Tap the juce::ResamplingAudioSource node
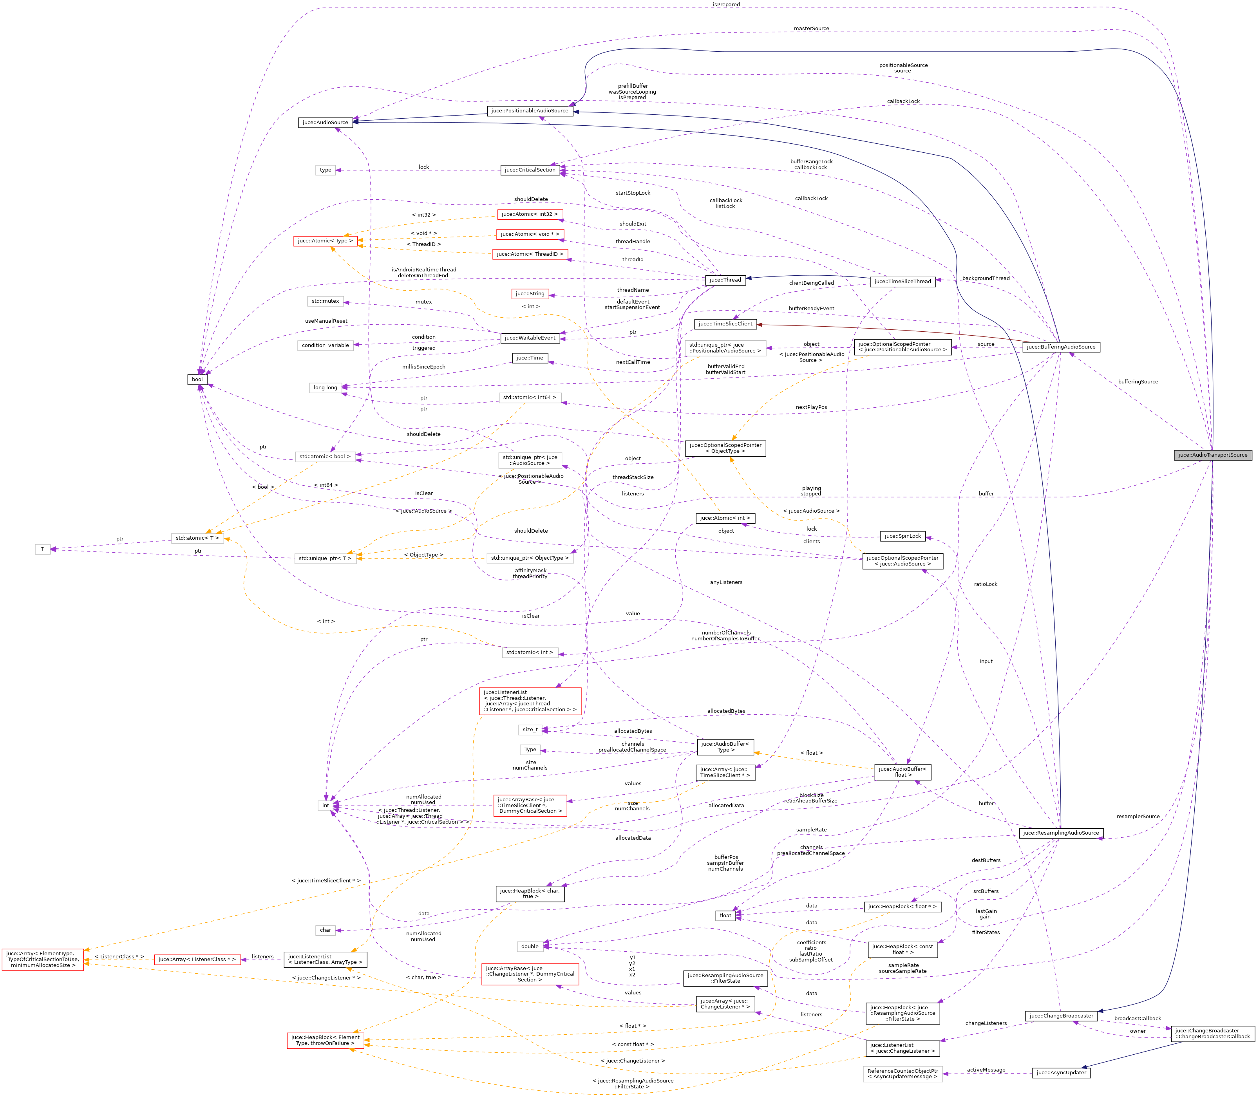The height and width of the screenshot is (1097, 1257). point(1060,833)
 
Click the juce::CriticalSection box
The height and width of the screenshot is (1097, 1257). point(530,170)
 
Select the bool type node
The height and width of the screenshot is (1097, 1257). point(197,380)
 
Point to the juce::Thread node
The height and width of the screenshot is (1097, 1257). point(725,280)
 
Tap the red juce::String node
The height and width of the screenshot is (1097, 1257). point(530,294)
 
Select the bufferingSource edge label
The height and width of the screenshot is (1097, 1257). point(1137,381)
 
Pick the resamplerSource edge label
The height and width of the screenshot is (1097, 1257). point(1137,816)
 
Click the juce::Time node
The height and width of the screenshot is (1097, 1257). point(530,358)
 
